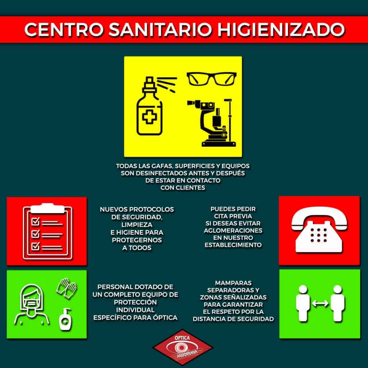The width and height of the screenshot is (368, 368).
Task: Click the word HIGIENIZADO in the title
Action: coord(281,30)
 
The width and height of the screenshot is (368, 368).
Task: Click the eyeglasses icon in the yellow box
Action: coord(211,79)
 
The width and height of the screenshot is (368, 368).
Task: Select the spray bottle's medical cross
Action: coord(149,117)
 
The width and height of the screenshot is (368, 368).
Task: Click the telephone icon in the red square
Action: coord(319,230)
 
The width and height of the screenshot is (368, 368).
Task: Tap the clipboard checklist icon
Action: coord(48,231)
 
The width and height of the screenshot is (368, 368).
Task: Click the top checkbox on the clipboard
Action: coord(36,221)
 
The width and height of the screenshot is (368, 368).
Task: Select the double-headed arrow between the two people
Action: coord(320,303)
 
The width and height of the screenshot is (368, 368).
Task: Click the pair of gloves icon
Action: coord(66,288)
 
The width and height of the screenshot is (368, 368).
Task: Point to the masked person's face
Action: coord(32,301)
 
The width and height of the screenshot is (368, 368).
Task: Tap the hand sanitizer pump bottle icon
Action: coord(65,319)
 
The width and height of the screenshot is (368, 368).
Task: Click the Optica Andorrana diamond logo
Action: coord(183,347)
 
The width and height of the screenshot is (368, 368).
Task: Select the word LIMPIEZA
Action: coord(137,225)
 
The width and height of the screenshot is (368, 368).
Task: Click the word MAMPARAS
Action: coord(233,283)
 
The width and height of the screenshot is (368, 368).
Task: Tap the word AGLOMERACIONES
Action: coord(233,230)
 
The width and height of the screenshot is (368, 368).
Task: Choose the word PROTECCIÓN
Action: coord(135,302)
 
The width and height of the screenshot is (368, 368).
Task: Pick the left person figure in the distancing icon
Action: coord(303,303)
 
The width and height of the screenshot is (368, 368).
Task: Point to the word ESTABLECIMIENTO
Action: coord(233,245)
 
